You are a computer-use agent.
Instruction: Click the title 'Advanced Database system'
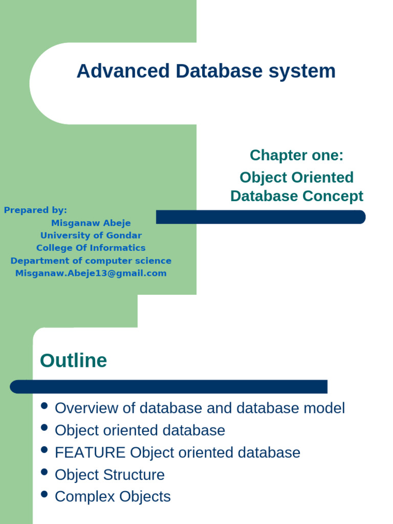click(x=206, y=71)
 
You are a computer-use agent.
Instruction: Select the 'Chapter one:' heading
click(x=296, y=155)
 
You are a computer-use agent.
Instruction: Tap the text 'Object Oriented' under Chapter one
click(x=296, y=178)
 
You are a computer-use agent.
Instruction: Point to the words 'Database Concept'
click(x=296, y=196)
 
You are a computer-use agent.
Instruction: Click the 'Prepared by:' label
click(x=35, y=210)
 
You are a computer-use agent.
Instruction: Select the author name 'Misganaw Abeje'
click(x=91, y=223)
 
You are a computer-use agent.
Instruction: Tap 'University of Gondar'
click(x=91, y=235)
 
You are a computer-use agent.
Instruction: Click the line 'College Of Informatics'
click(x=91, y=248)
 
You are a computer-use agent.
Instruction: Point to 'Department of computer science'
click(x=91, y=260)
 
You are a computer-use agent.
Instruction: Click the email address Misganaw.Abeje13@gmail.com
click(x=91, y=273)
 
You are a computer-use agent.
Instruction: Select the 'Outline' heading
click(x=73, y=361)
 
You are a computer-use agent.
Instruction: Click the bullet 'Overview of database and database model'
click(x=200, y=408)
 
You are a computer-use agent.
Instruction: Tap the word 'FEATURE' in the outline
click(x=90, y=452)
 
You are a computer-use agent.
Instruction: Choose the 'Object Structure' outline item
click(x=110, y=475)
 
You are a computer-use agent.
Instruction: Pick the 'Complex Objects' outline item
click(x=113, y=497)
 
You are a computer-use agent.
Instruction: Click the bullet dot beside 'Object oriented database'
click(x=44, y=428)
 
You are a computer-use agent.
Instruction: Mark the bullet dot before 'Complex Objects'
click(x=44, y=494)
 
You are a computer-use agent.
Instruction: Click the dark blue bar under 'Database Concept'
click(x=260, y=217)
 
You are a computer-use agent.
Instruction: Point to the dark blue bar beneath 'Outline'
click(x=169, y=386)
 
